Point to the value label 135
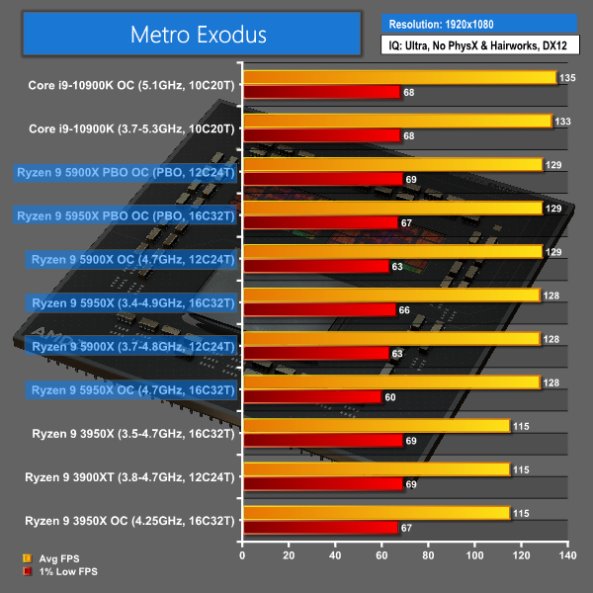pos(567,77)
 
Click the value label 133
pos(562,121)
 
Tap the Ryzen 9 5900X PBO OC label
pos(126,172)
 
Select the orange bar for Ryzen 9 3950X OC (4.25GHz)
pos(376,513)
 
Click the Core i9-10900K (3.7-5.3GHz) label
pos(132,128)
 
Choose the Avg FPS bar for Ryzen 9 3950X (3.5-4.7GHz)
pos(376,426)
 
